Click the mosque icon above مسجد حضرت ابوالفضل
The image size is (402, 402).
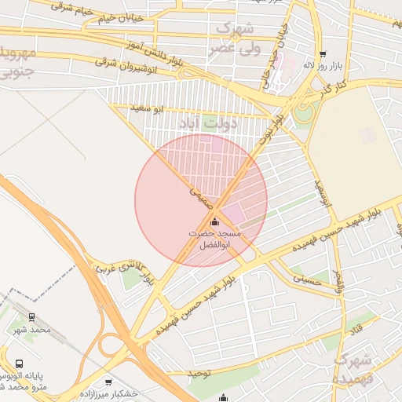216,222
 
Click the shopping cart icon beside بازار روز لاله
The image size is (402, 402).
323,54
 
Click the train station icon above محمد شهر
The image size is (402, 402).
31,317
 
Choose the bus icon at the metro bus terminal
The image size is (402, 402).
20,364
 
